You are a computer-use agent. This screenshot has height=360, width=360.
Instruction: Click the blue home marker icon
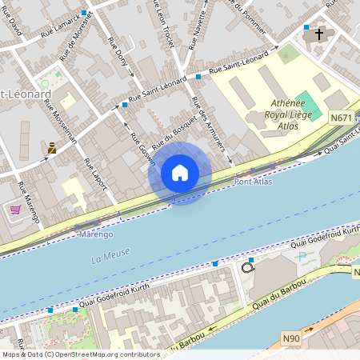coord(180,173)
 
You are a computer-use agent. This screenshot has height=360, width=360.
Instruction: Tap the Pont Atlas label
coord(253,182)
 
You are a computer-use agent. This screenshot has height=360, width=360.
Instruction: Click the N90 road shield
coord(292,338)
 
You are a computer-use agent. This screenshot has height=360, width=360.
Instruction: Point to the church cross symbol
coord(319,34)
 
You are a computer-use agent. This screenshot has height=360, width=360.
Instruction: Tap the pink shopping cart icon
coord(15,210)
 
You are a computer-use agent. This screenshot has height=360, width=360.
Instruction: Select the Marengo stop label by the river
coord(96,235)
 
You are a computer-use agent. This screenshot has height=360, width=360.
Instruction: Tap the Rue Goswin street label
coord(141,147)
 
